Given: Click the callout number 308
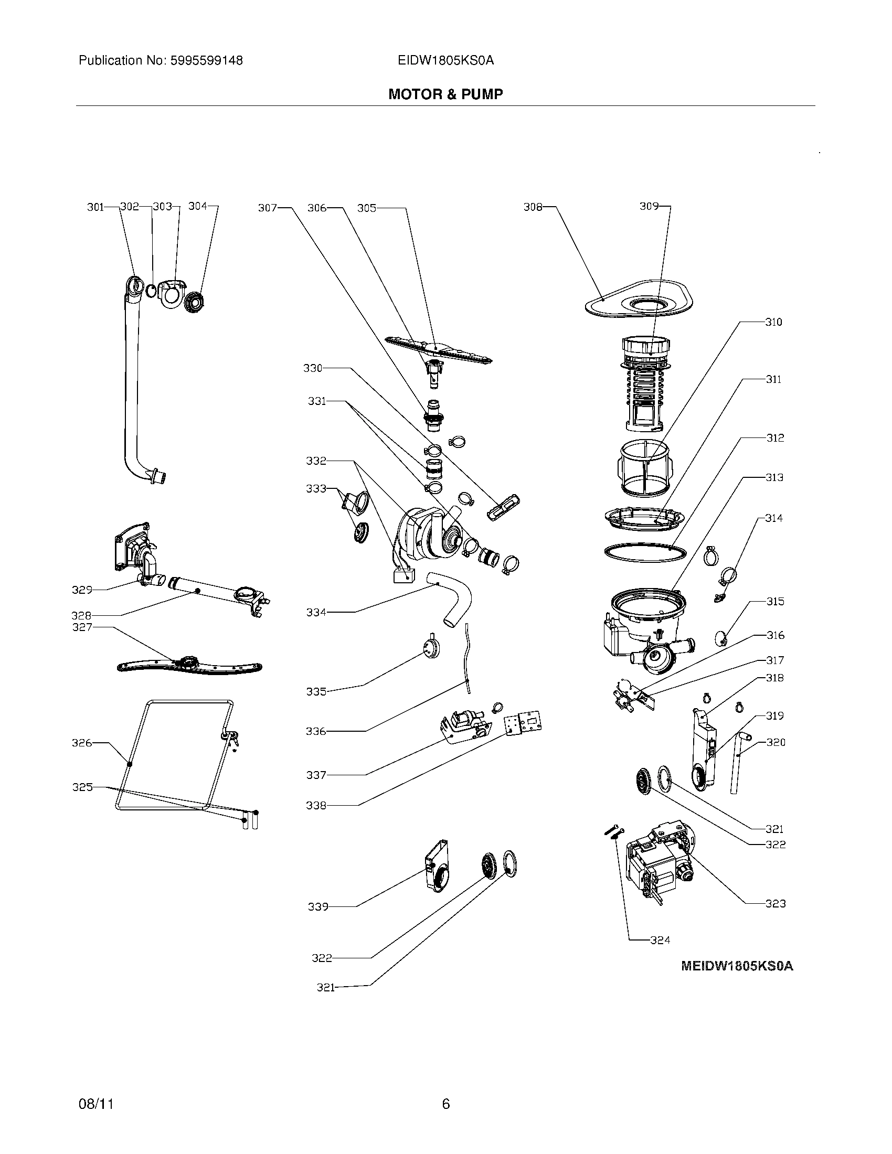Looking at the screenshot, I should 533,207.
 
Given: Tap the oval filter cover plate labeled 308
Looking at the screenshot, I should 639,300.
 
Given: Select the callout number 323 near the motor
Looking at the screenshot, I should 775,904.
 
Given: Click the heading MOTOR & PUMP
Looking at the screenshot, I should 445,94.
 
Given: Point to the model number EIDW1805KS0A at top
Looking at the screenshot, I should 445,60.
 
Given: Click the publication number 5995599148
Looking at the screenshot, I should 206,60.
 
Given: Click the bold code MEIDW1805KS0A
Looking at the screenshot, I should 737,966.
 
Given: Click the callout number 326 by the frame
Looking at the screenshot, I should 82,743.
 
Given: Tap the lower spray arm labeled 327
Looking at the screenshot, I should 189,666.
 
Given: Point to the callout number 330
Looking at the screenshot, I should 312,368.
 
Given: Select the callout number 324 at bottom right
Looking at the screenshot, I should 660,940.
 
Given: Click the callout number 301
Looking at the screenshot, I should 95,207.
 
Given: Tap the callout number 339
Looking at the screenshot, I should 318,907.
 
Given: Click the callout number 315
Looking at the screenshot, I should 775,601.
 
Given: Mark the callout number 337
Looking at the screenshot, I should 316,775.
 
